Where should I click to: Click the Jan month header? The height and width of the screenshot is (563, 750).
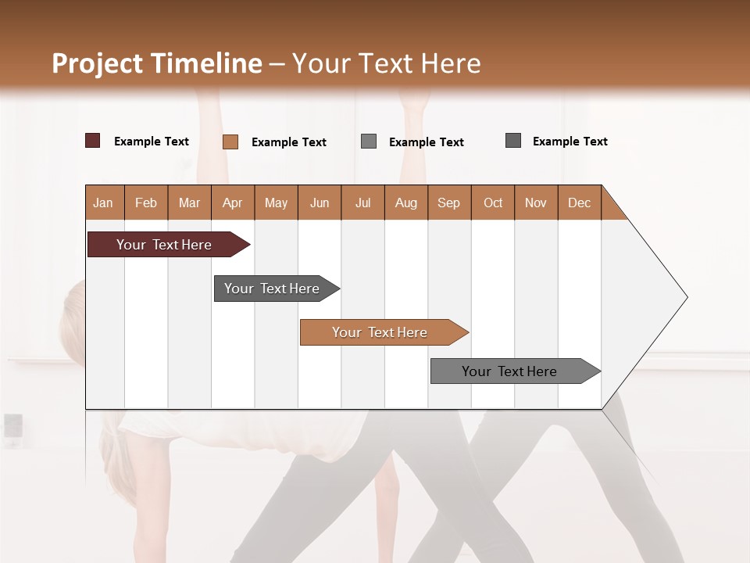point(103,203)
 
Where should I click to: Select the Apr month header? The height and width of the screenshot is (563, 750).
point(232,203)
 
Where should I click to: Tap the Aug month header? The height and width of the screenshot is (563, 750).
point(405,203)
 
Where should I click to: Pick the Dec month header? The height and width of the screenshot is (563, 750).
point(579,203)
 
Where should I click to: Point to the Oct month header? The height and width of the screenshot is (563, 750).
point(492,203)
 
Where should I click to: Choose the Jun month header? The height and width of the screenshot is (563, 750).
point(319,203)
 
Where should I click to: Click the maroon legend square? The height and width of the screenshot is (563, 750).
point(93,141)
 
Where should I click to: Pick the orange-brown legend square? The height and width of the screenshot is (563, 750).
point(230,142)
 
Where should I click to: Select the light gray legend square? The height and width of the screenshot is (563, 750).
point(369,142)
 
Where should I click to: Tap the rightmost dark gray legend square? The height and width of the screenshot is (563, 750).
point(513,141)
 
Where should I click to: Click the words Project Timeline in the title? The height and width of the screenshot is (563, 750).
point(156,63)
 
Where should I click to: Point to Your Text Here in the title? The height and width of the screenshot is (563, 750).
point(387,63)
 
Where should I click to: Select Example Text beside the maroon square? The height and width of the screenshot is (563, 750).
point(152,142)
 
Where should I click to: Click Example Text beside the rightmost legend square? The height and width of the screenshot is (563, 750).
point(570,142)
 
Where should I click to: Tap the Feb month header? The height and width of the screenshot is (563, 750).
point(146,203)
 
